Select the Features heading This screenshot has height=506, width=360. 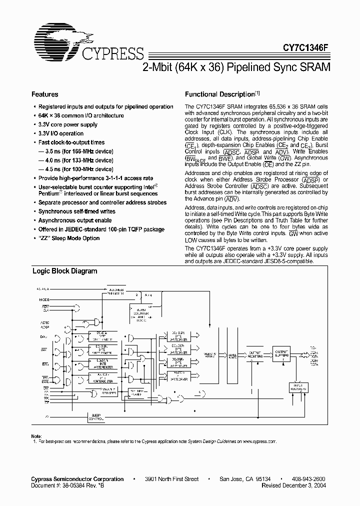[x=44, y=94]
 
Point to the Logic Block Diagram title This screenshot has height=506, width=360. [x=64, y=271]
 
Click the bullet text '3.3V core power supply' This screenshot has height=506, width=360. [x=68, y=124]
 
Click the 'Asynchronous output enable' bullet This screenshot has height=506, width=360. [x=75, y=220]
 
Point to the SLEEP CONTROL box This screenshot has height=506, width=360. [x=96, y=416]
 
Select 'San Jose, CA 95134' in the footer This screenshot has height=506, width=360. [x=245, y=479]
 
